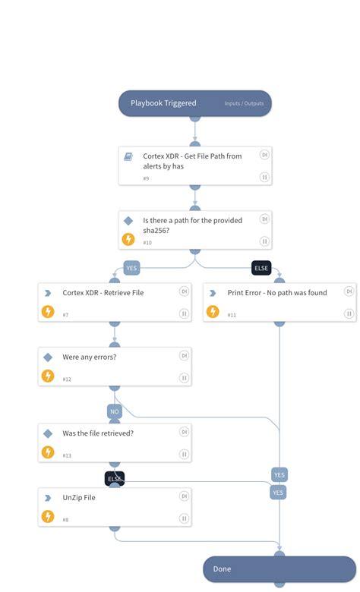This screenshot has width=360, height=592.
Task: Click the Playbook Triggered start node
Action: coord(163,103)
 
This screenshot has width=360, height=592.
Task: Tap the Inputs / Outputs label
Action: coord(243,104)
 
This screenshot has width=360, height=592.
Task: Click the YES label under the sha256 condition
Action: coord(131,267)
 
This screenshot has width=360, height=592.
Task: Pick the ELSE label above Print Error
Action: coord(261,267)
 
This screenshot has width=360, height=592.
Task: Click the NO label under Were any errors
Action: coord(115,411)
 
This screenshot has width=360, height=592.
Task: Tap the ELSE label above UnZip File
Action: coord(115,478)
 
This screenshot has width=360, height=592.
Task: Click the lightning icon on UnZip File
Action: coord(48,517)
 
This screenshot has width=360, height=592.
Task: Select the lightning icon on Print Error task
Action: coord(213,312)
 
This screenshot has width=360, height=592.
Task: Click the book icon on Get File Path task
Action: coord(128,156)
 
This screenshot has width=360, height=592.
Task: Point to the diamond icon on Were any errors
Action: coord(48,357)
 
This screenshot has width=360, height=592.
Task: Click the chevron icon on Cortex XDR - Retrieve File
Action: coord(48,293)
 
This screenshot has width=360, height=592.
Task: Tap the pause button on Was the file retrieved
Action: coord(184,453)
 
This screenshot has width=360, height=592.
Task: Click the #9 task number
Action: coord(146,178)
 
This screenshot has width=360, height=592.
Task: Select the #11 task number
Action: coord(232,314)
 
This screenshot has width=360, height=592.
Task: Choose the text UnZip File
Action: coord(79,498)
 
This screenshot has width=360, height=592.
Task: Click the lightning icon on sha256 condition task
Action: coord(128,239)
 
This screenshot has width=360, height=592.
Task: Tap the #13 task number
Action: coord(68,455)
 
